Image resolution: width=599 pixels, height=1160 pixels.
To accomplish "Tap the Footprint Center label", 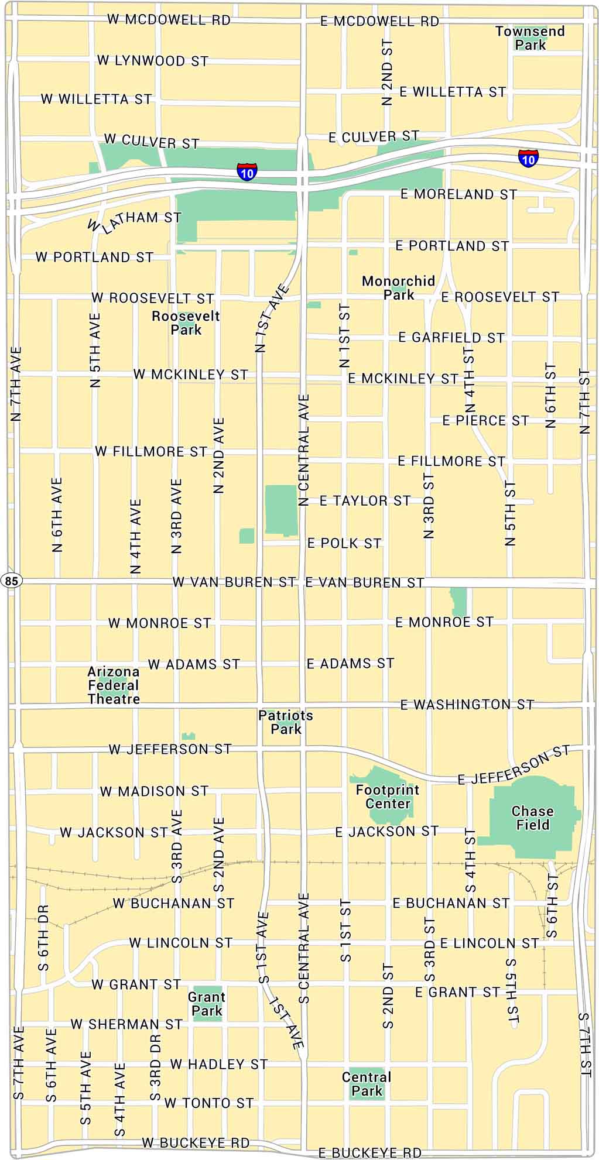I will pyautogui.click(x=387, y=797).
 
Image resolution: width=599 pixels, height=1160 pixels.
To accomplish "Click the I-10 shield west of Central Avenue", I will pyautogui.click(x=247, y=171).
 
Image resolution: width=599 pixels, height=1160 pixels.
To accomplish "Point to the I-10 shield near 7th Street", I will pyautogui.click(x=528, y=157).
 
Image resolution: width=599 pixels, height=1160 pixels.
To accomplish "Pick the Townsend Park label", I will pyautogui.click(x=530, y=38).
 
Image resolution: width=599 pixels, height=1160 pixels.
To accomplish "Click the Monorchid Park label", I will pyautogui.click(x=398, y=287).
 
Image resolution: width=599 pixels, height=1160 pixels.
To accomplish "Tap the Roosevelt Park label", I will pyautogui.click(x=186, y=323).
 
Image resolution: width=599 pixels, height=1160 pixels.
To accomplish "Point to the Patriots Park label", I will pyautogui.click(x=286, y=722).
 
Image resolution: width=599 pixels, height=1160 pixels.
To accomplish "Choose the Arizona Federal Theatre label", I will pyautogui.click(x=114, y=685).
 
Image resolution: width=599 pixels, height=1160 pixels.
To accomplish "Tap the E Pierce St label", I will pyautogui.click(x=485, y=420).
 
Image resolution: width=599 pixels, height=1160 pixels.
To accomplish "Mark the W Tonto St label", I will pyautogui.click(x=209, y=1103).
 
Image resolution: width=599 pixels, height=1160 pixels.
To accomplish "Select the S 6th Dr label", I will pyautogui.click(x=45, y=938).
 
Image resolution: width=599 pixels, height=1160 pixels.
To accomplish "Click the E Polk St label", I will pyautogui.click(x=344, y=543).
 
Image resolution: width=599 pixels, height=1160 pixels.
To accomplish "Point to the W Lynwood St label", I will pyautogui.click(x=152, y=60).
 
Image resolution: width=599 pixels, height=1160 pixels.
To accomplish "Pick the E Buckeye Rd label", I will pyautogui.click(x=369, y=1152).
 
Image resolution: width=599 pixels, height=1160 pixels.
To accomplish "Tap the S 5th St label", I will pyautogui.click(x=512, y=991).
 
